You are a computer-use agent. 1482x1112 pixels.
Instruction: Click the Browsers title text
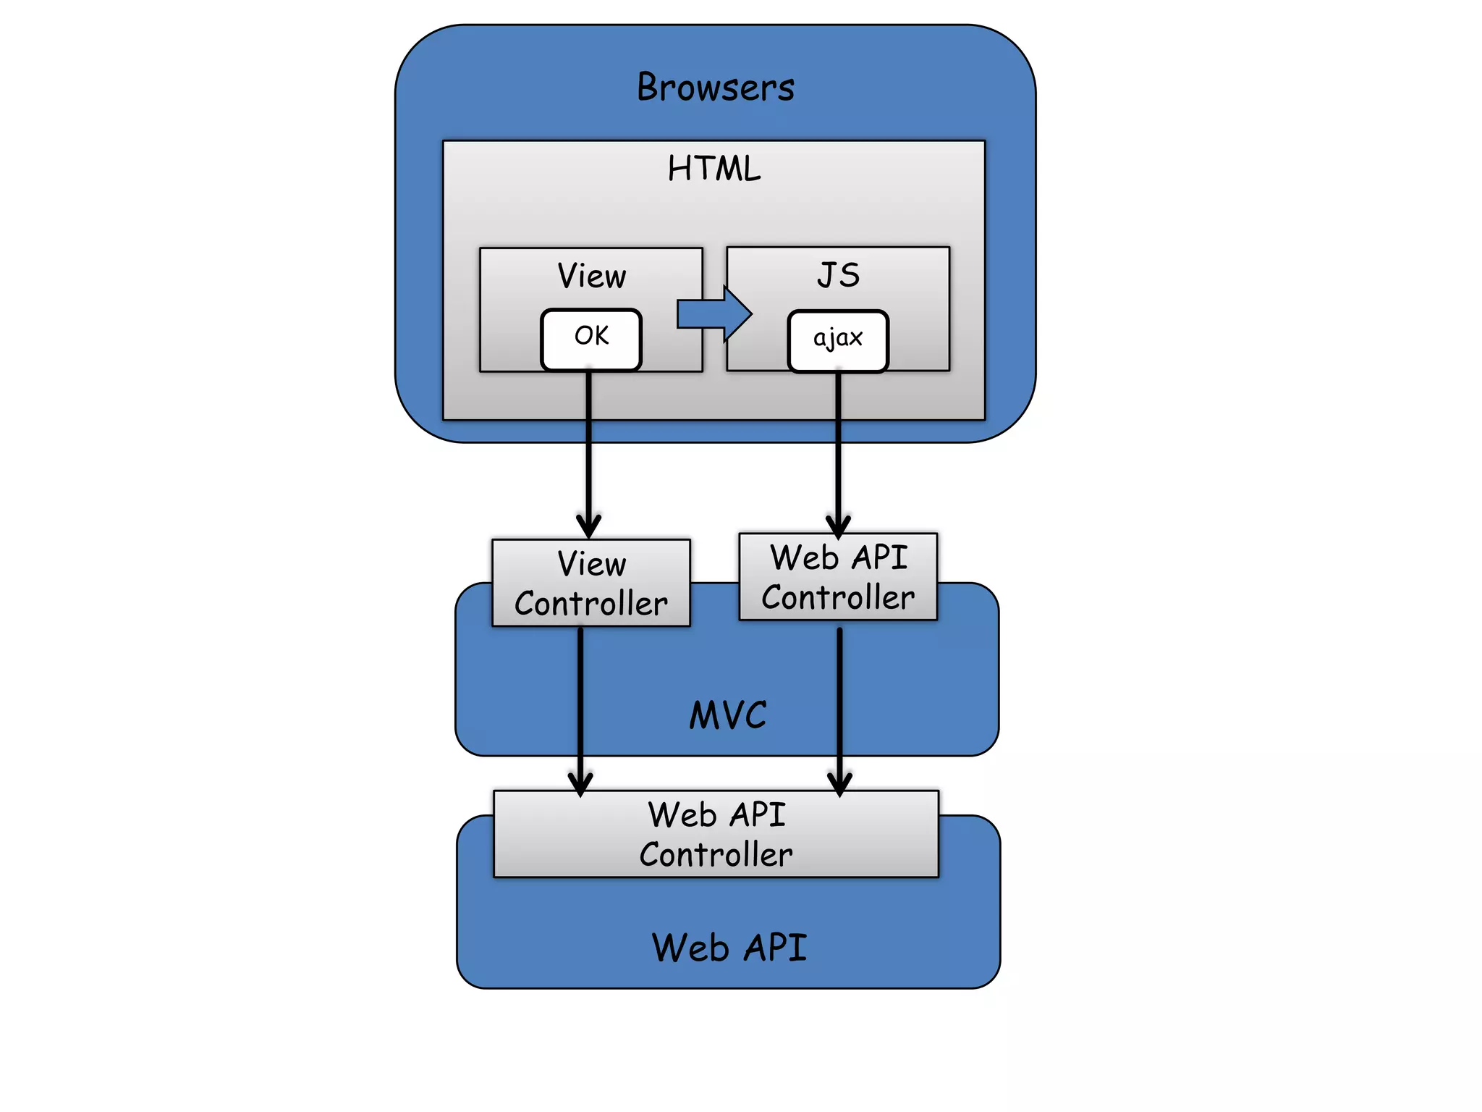point(715,88)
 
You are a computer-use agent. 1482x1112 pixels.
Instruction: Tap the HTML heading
point(714,169)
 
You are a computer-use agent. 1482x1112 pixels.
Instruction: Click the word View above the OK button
point(591,276)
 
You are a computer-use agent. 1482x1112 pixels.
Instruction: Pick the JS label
point(838,275)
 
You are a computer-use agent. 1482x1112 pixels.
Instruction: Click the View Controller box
point(591,583)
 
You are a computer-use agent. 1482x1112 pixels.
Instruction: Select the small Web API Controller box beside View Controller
point(838,577)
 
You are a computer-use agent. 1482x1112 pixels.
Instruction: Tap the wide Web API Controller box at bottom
point(716,834)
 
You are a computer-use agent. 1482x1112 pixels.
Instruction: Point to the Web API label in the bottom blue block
point(729,948)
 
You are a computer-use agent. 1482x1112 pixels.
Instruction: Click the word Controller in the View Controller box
point(591,604)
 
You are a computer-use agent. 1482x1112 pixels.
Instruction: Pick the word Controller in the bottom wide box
point(716,855)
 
